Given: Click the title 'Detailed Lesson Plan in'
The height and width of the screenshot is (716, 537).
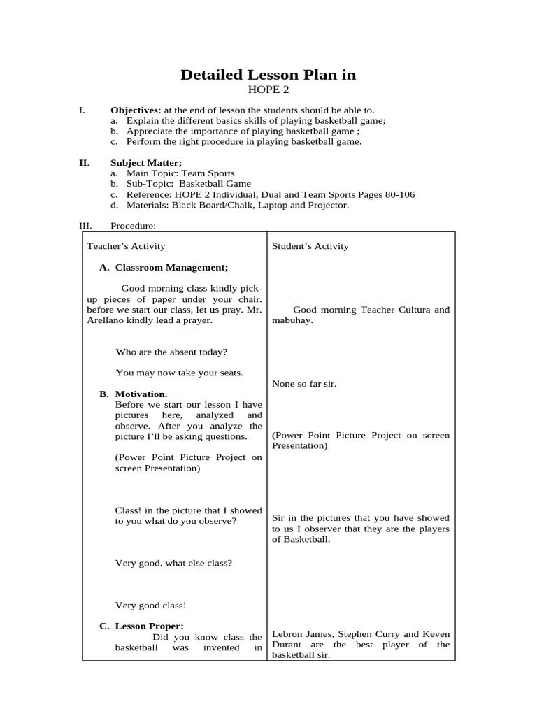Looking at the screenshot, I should [268, 75].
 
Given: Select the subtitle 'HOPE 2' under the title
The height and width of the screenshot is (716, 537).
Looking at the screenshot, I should [268, 89].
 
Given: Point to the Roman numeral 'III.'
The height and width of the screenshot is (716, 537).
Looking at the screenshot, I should [85, 226].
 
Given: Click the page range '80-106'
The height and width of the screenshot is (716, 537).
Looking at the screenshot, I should [396, 194].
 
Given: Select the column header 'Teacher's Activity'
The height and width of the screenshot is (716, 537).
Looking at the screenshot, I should [126, 246].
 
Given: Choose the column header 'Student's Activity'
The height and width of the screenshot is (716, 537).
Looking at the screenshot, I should [310, 246].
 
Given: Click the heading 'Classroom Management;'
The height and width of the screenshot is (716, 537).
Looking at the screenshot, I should [171, 267].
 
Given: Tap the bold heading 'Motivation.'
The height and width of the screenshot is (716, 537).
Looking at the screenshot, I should [141, 394].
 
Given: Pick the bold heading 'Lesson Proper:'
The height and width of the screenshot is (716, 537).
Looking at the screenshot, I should [149, 626].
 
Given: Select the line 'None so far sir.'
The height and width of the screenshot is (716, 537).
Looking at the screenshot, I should [304, 384].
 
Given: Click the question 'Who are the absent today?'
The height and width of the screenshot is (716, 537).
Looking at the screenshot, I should [171, 352].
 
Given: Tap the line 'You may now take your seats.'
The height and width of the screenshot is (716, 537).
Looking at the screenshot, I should [179, 373].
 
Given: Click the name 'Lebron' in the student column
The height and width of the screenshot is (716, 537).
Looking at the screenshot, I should [287, 634].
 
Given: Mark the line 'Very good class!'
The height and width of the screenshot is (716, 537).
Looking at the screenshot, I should [151, 606].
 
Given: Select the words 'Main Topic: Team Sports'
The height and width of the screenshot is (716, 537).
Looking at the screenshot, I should [180, 173].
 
